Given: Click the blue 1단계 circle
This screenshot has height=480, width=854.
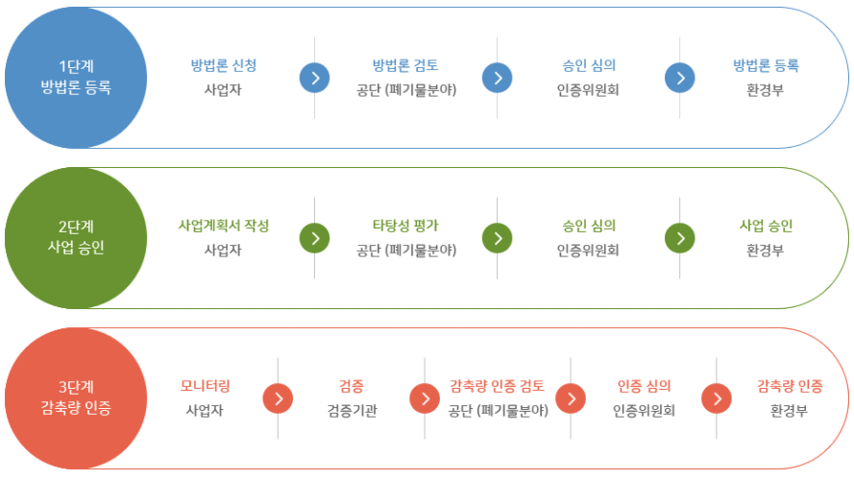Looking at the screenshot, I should click(x=76, y=78).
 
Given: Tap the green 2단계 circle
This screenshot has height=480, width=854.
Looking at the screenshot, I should click(x=76, y=237).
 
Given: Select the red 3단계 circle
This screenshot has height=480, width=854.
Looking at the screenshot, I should click(x=76, y=397).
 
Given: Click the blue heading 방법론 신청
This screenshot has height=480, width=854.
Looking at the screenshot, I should click(x=223, y=65).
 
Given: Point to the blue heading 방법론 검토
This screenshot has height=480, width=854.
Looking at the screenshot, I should click(x=405, y=65).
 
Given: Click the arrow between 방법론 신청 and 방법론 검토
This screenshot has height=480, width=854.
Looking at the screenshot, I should click(x=314, y=78).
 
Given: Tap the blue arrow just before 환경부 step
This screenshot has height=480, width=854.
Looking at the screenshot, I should click(x=679, y=78).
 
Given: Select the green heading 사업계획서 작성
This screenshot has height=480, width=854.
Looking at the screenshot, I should click(x=223, y=226).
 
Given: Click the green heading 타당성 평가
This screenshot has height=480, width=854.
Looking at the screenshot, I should click(x=405, y=226).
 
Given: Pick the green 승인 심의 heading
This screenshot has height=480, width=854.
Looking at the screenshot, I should click(x=588, y=226).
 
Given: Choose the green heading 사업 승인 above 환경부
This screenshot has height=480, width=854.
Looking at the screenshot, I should click(x=766, y=226).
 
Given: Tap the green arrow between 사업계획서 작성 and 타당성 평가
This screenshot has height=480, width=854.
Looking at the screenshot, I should click(x=314, y=237).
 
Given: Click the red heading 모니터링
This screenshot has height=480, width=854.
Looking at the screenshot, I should click(x=205, y=386).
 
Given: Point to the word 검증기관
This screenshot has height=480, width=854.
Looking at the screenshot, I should click(x=351, y=411).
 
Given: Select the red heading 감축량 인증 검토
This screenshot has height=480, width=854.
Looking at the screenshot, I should click(x=497, y=386).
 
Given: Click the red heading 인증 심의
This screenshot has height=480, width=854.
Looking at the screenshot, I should click(x=644, y=386).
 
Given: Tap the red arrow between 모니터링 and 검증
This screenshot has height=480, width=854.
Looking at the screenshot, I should click(x=278, y=397).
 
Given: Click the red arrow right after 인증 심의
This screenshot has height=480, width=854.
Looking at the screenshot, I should click(x=716, y=397).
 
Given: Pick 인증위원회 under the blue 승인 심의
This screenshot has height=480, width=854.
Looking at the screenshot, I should click(x=588, y=90).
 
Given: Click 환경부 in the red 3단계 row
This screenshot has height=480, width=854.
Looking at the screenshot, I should click(x=789, y=411).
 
